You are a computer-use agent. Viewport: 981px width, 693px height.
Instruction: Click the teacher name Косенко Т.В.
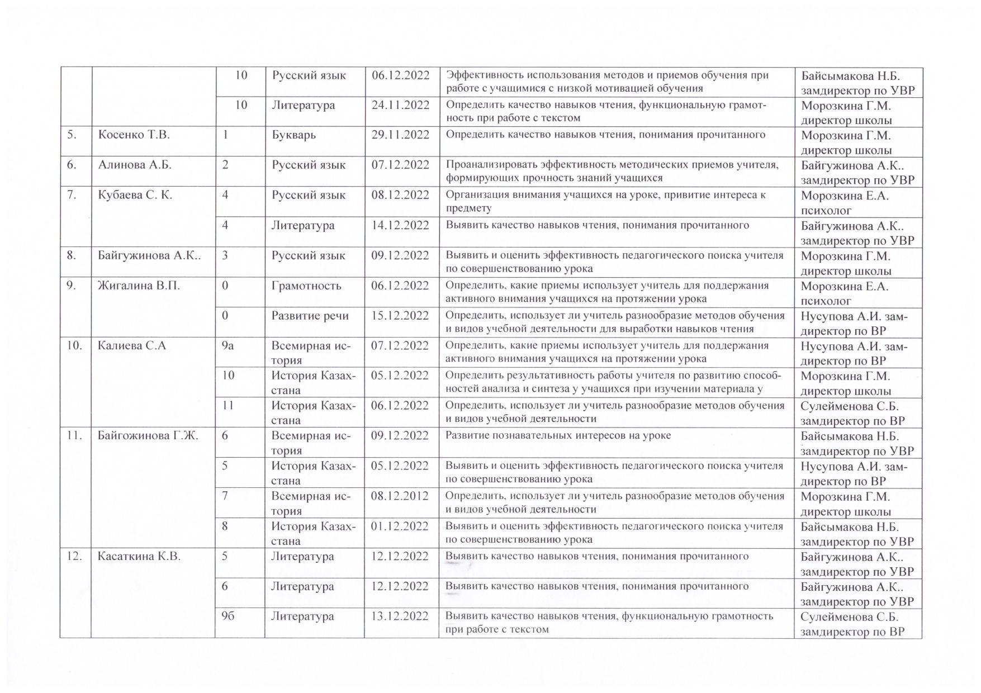tap(134, 135)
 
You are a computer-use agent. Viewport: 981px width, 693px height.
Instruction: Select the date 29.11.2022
tap(400, 135)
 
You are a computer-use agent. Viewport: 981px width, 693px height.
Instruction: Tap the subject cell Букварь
tap(293, 135)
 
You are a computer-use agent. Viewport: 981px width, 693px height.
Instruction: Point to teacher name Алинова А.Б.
tap(135, 165)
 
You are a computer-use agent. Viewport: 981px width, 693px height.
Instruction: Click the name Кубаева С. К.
tap(135, 196)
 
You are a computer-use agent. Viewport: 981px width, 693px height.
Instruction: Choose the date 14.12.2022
tap(400, 226)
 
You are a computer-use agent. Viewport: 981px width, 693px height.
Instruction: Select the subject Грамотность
tap(306, 286)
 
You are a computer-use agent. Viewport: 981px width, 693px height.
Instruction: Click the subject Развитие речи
tap(310, 316)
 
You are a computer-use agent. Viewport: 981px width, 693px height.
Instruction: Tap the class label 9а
tap(228, 346)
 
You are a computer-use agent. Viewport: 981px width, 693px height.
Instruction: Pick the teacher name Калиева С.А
tap(132, 346)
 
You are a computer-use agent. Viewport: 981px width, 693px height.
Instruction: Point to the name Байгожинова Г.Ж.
tap(148, 436)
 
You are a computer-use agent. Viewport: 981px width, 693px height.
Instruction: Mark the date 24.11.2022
tap(400, 106)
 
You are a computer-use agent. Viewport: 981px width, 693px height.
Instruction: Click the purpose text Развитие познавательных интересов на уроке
tap(558, 436)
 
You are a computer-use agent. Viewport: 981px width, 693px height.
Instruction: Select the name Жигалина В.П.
tap(139, 286)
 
